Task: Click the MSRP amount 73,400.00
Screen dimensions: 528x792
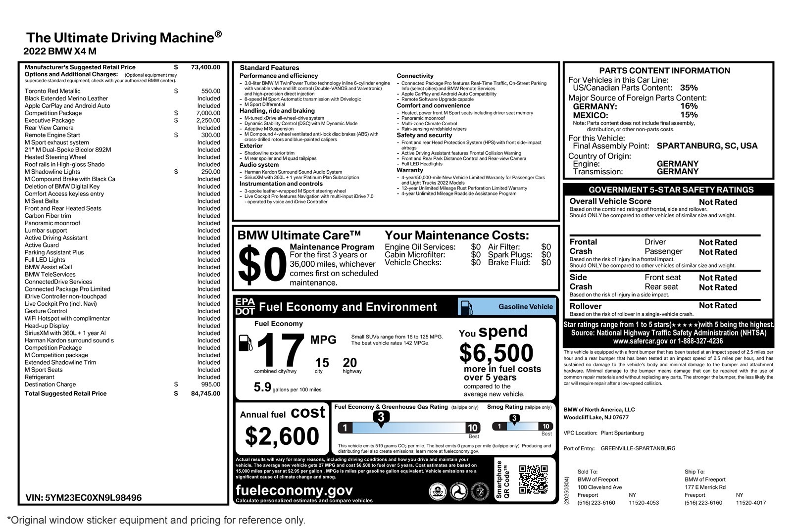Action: (x=205, y=67)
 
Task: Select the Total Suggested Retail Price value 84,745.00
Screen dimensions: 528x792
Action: (x=205, y=394)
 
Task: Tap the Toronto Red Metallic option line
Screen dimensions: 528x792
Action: (x=52, y=91)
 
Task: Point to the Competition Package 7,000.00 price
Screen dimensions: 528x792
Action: (x=208, y=113)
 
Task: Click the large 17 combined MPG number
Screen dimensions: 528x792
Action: (x=280, y=351)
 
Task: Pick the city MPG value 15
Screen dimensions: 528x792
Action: (x=322, y=363)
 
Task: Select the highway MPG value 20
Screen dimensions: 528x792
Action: (x=350, y=363)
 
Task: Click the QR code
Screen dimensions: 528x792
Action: (x=533, y=480)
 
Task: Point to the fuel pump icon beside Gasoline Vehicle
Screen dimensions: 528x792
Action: (x=466, y=307)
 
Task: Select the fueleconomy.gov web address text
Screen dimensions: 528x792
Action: (x=295, y=490)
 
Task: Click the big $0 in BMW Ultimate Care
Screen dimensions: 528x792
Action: (x=262, y=266)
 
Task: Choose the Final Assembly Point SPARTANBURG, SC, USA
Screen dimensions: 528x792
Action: (x=707, y=146)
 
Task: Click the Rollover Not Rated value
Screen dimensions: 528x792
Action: (x=718, y=306)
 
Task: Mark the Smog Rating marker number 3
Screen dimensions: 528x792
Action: (x=514, y=419)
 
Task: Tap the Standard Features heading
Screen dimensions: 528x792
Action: (x=269, y=68)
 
